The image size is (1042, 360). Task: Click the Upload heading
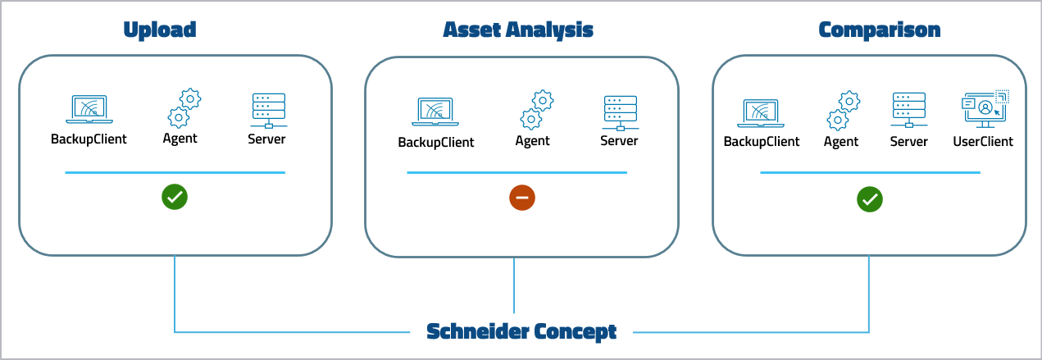[160, 30]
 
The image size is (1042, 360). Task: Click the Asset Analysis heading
[517, 30]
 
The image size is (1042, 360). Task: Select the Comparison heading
[879, 30]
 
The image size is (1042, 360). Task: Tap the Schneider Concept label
[521, 331]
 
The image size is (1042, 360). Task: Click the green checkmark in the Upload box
[175, 197]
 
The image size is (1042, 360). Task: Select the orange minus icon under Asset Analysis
[521, 198]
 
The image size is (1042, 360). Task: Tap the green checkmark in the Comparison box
[869, 199]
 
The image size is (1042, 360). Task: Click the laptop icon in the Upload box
[89, 110]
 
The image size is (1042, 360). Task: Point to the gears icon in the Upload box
[184, 107]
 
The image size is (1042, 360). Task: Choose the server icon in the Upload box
[267, 110]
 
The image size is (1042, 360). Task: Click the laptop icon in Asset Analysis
[436, 113]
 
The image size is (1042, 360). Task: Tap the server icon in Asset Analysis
[620, 113]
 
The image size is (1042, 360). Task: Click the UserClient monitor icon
[984, 110]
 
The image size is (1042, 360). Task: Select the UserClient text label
[982, 142]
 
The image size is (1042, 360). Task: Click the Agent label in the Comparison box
[841, 142]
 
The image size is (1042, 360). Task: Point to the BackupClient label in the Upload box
[89, 139]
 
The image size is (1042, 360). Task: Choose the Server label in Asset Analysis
[619, 141]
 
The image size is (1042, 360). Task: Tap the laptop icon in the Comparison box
[761, 113]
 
